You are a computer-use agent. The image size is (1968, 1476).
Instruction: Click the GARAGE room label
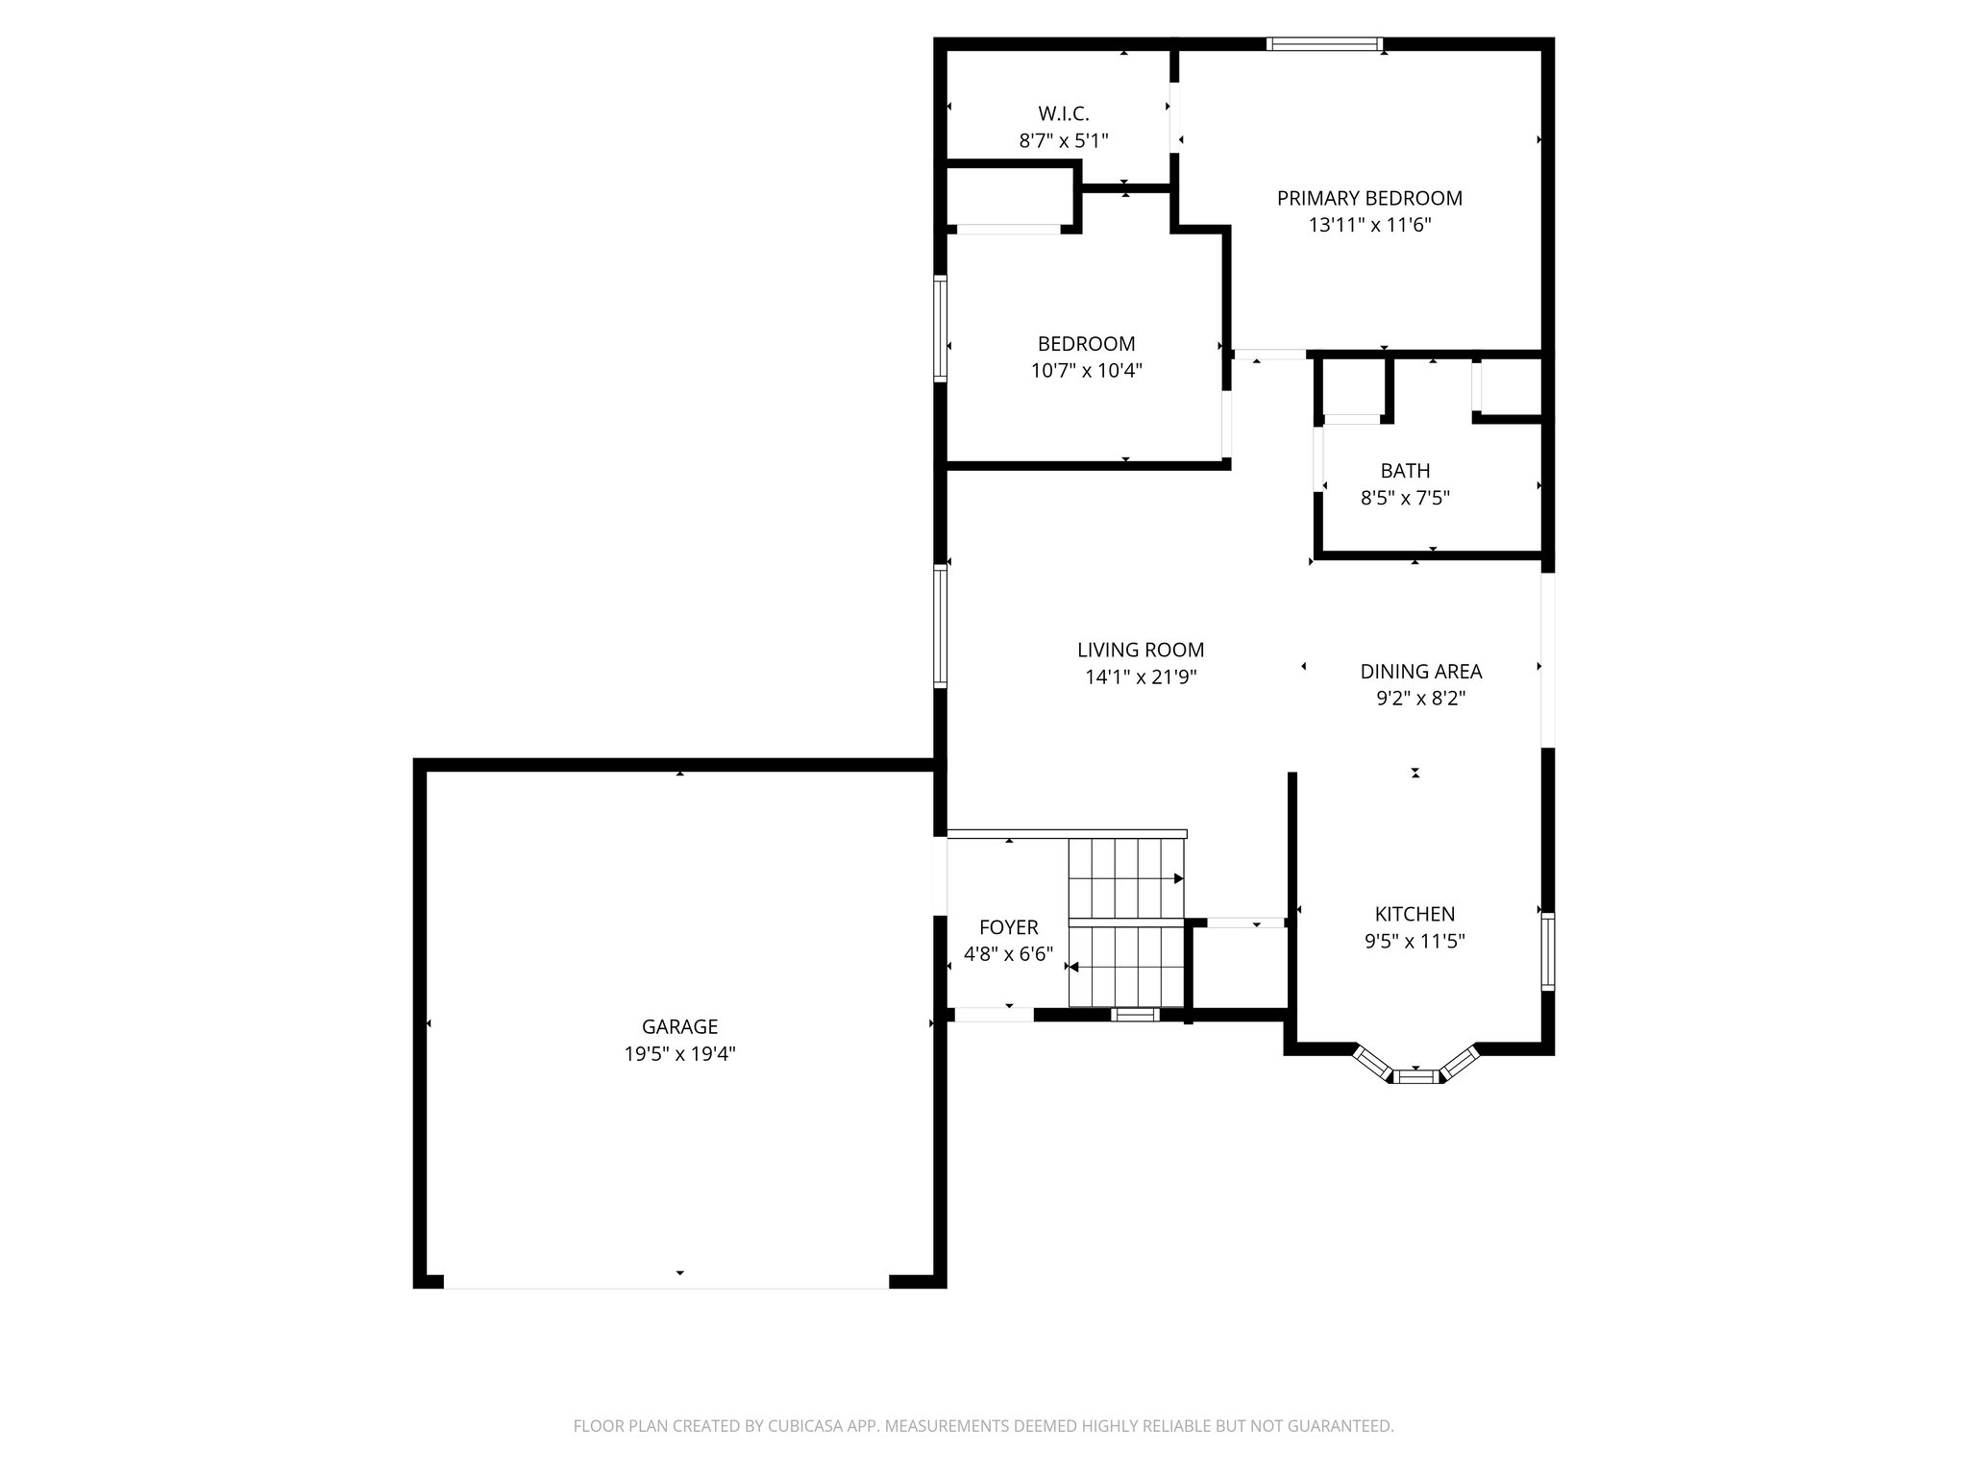[679, 1026]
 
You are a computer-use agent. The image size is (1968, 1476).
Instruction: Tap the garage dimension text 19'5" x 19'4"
[679, 1054]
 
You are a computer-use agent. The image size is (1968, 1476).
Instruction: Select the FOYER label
[1008, 927]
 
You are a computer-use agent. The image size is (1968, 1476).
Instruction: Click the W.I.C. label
[1063, 113]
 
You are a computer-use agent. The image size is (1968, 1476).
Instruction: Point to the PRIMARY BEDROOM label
[1369, 198]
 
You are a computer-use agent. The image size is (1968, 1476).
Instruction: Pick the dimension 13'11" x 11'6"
[1369, 226]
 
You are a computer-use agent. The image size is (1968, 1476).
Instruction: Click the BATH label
[1405, 471]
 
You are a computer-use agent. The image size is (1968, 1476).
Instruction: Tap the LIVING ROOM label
[1141, 650]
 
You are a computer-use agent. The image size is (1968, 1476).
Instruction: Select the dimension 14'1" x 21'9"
[1141, 677]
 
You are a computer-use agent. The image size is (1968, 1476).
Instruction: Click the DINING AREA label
[1420, 672]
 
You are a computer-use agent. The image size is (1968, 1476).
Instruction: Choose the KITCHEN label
[1414, 914]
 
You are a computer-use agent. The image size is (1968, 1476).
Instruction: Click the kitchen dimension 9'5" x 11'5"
[1414, 942]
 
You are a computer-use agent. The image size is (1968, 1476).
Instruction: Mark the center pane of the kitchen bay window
[1415, 1076]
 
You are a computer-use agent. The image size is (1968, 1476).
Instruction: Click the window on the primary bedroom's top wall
[1324, 43]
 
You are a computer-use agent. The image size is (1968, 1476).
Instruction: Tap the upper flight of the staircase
[1126, 877]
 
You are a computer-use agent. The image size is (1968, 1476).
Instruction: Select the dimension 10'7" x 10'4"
[1086, 371]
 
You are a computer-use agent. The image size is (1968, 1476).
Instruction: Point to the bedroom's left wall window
[941, 329]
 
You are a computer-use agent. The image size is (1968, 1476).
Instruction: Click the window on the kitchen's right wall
[1547, 951]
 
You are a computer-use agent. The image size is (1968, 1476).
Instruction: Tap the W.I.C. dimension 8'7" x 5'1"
[1063, 141]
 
